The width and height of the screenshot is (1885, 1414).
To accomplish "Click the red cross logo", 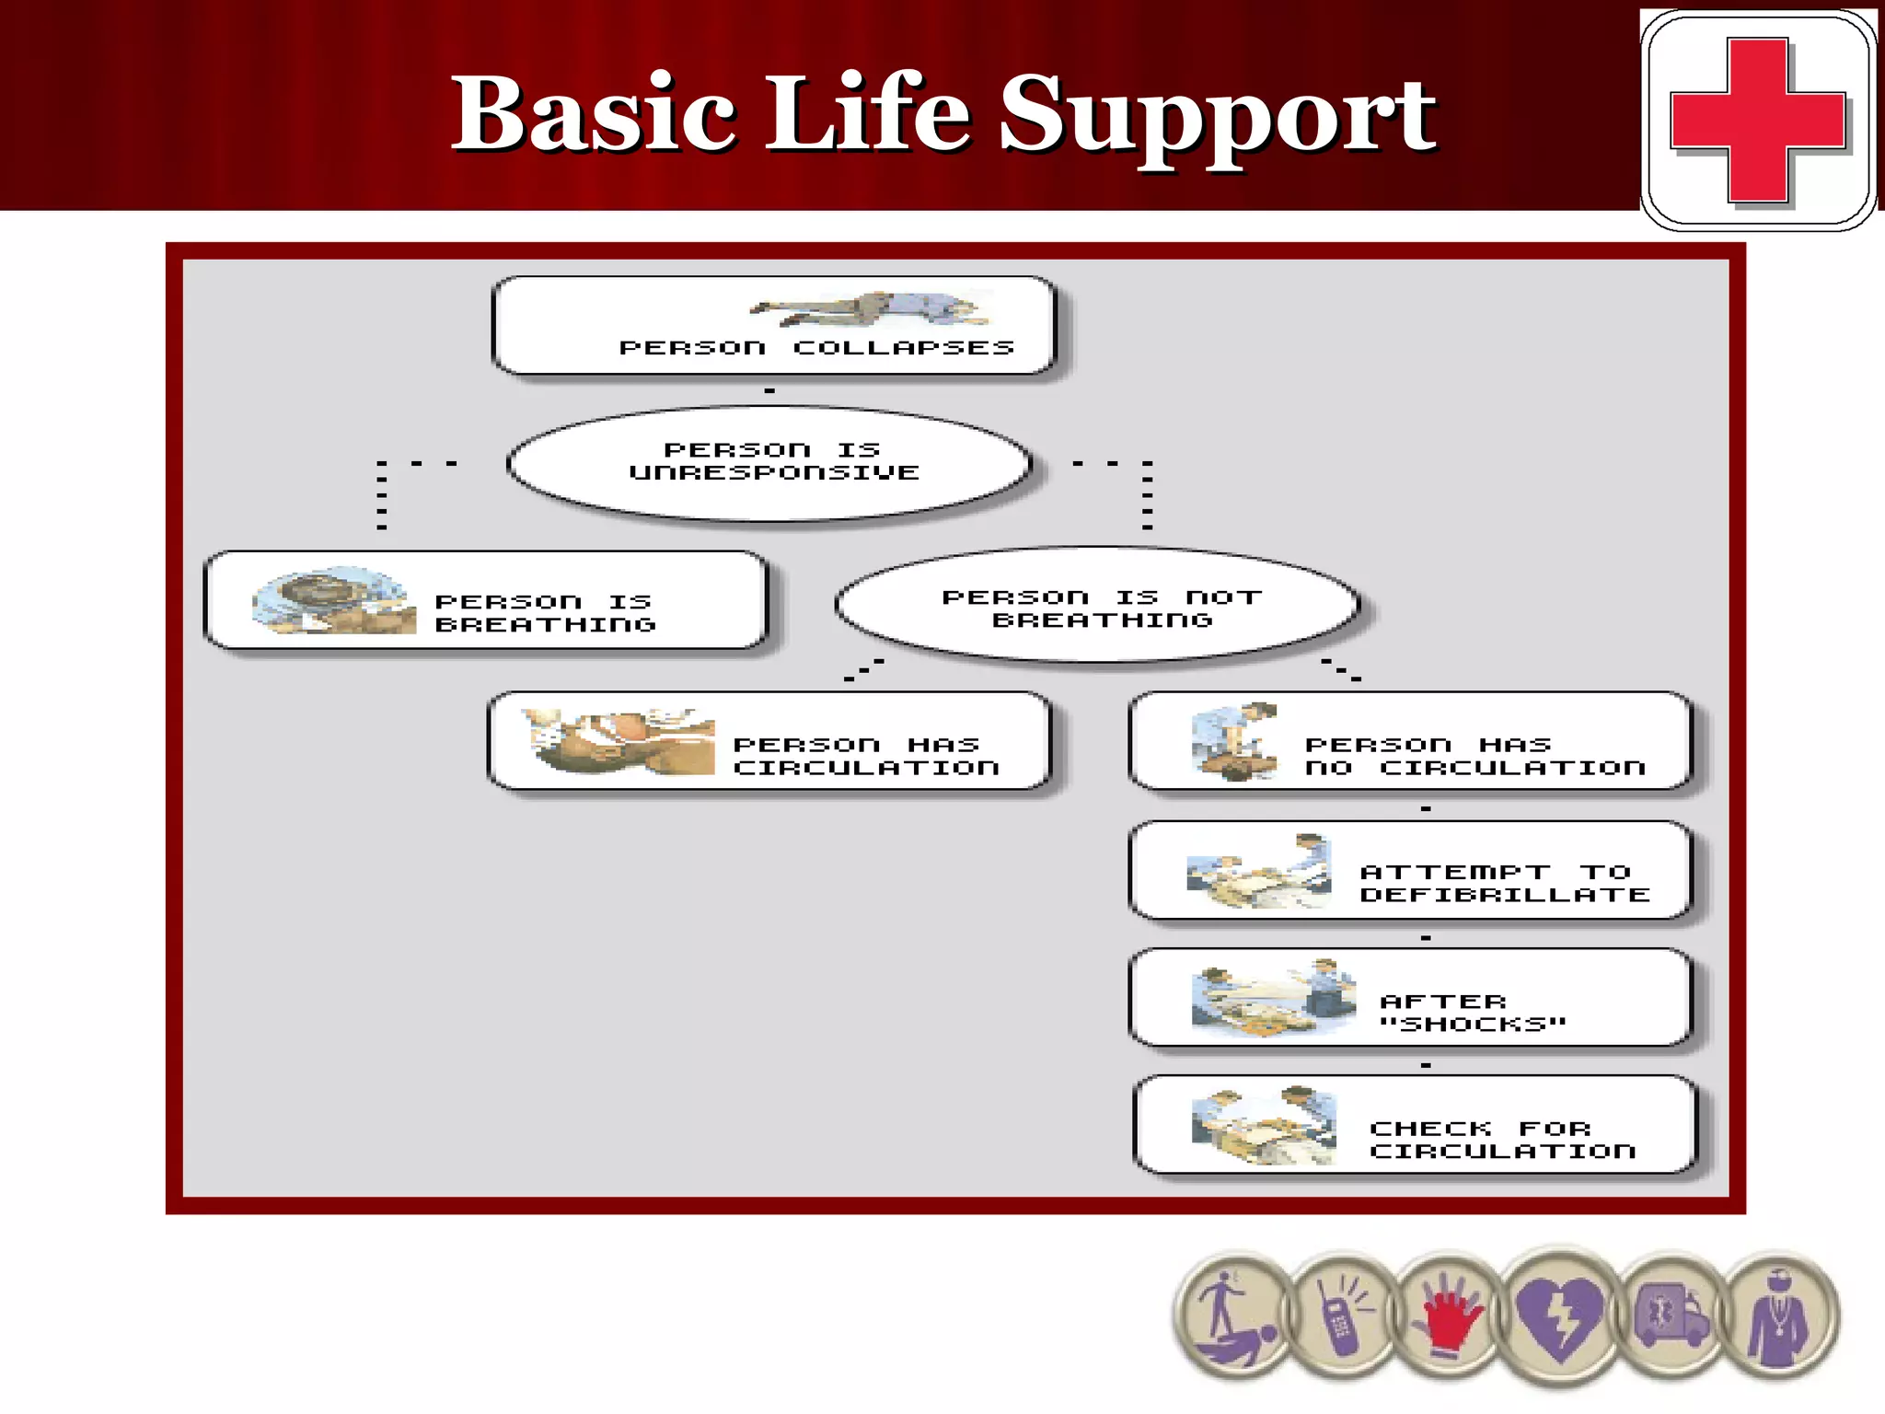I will pos(1757,120).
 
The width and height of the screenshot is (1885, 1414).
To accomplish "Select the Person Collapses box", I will pos(773,326).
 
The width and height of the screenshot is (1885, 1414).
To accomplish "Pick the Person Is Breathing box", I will pos(485,601).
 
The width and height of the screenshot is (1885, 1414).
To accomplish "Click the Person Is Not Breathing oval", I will pos(1099,607).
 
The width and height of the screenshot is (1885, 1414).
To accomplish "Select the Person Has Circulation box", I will pos(769,742).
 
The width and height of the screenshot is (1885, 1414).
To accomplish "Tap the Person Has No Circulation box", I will pos(1410,742).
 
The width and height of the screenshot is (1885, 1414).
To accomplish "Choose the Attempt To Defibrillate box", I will pos(1410,871).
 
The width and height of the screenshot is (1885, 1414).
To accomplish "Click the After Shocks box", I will pos(1410,999).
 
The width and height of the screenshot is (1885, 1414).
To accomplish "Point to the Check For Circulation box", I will pos(1414,1126).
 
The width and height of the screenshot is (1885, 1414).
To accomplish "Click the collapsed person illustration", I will pos(870,309).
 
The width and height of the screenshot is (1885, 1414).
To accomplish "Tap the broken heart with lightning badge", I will pos(1560,1317).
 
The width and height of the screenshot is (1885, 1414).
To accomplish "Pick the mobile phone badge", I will pos(1341,1317).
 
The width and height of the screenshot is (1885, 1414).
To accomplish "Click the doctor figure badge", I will pos(1778,1317).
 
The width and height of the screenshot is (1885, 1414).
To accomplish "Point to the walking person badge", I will pos(1233,1317).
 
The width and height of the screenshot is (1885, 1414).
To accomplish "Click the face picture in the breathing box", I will pos(332,600).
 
